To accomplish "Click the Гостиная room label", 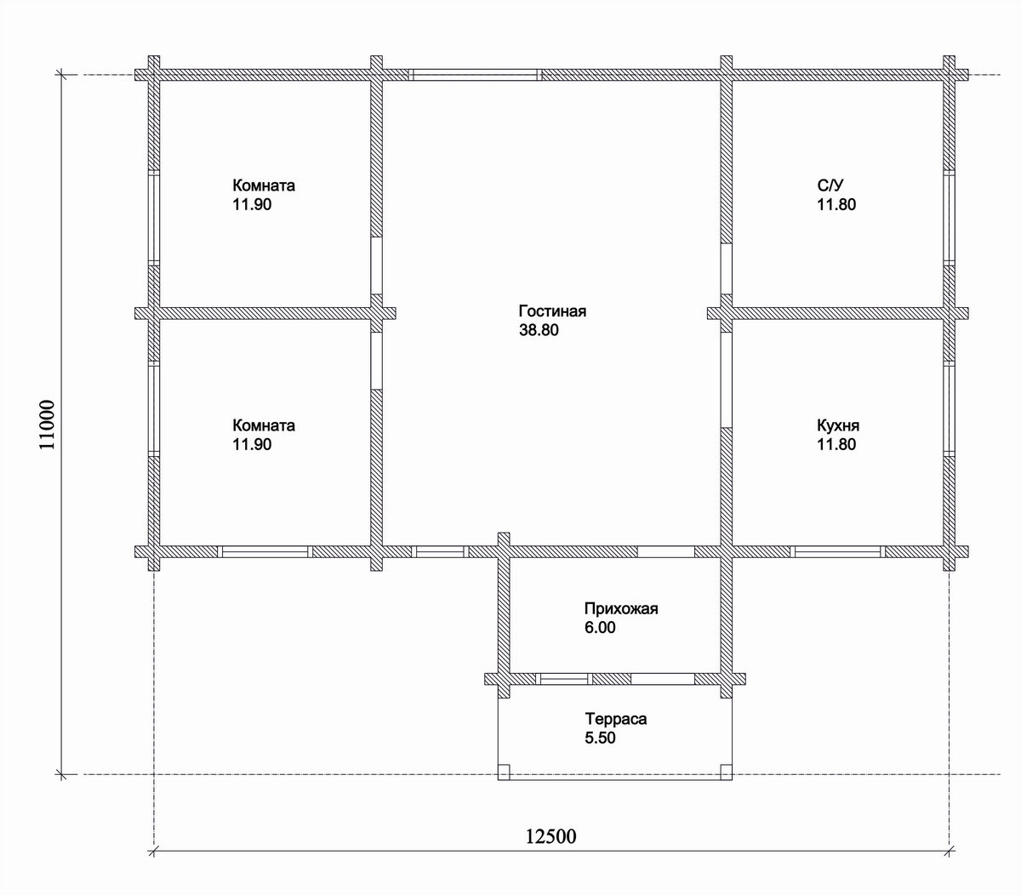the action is tap(552, 311).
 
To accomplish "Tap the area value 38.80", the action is tap(539, 330).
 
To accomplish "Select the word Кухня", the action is tap(838, 426).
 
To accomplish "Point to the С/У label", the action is tap(830, 185).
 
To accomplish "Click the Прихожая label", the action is tap(621, 609).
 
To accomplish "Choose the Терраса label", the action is tap(616, 719).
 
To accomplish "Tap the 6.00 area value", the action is tap(600, 627).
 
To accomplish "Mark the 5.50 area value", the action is tap(600, 738).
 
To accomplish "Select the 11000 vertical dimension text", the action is tap(47, 425).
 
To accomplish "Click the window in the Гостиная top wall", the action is tap(475, 75).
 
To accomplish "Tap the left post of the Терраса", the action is tap(504, 772).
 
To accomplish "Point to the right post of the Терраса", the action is tap(727, 772).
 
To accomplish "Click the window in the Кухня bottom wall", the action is tap(837, 551).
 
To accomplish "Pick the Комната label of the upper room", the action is tap(264, 185).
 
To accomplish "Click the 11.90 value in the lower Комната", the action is tap(252, 444).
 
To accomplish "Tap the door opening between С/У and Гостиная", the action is tap(727, 269).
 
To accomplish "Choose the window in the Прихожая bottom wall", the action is tap(564, 679).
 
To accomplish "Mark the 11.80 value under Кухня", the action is tap(836, 444).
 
